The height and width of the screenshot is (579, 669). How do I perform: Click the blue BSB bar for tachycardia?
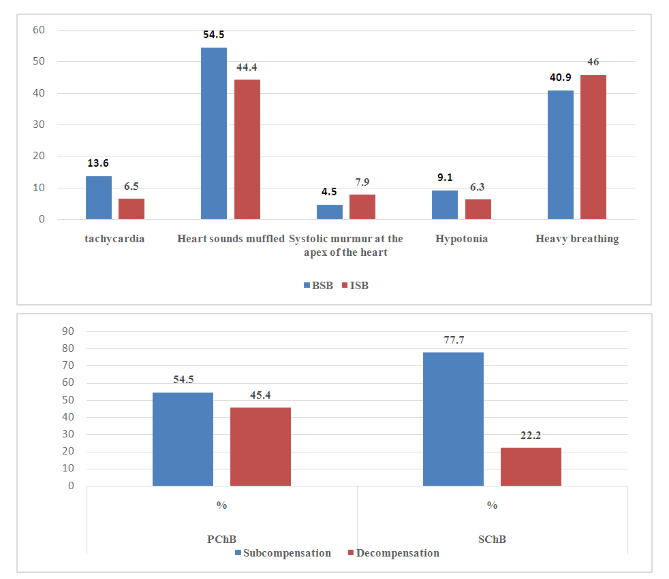99,197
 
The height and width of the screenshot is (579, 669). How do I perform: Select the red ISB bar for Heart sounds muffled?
247,149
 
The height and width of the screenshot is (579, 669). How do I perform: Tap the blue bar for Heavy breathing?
561,154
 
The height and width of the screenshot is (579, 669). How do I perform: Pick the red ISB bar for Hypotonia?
478,209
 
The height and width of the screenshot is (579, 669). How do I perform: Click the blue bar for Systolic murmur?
330,212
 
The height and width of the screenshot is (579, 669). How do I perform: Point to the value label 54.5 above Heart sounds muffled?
214,35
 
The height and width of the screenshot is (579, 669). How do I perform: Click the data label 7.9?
362,182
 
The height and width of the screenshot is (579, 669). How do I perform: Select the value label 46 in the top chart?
593,62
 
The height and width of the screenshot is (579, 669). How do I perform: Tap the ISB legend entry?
354,286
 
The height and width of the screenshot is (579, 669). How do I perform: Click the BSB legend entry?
318,286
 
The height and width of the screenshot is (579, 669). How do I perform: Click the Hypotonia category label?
462,239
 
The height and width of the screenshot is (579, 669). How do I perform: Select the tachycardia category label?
115,239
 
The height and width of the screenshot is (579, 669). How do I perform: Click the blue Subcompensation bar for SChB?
453,418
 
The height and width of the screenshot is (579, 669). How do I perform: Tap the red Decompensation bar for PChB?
260,446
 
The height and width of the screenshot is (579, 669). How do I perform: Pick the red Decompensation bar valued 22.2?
531,466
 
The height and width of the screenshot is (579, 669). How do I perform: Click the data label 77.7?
453,340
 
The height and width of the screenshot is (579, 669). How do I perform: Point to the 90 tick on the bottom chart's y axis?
67,331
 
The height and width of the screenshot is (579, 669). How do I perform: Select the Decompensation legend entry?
394,553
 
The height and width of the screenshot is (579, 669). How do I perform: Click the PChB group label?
221,539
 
